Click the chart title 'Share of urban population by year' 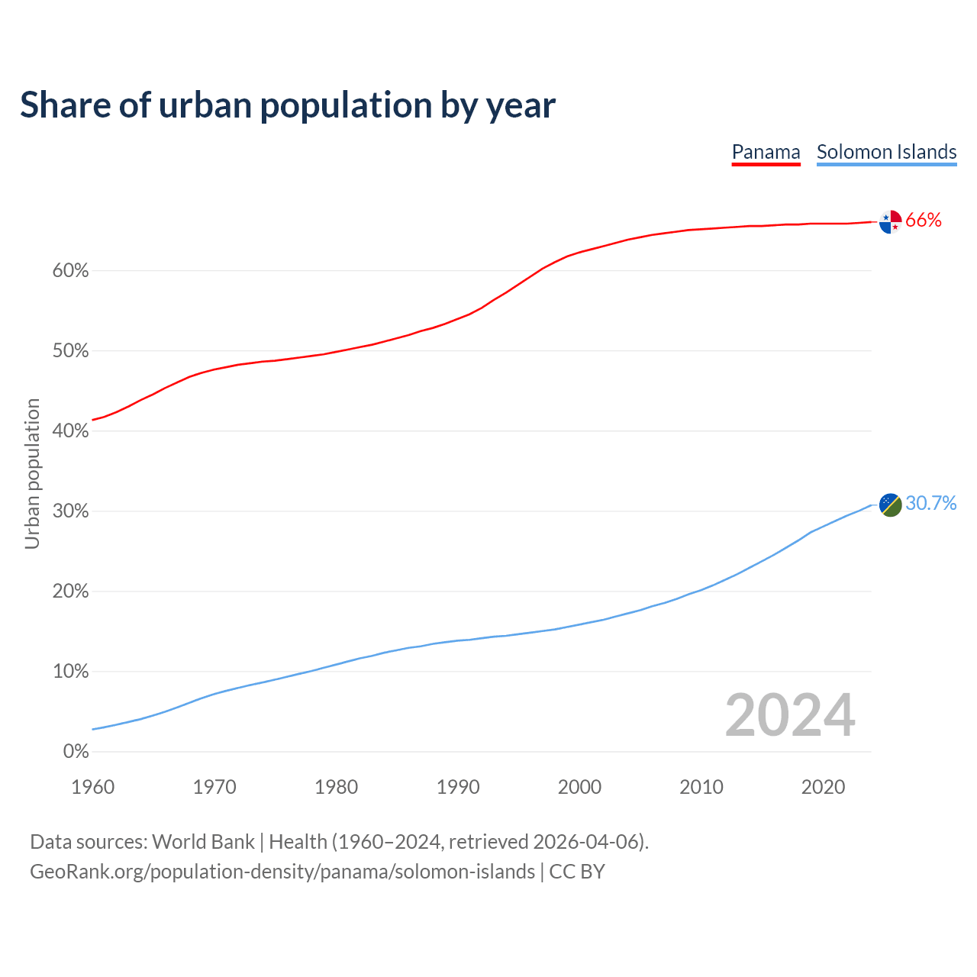288,105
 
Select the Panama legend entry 766,152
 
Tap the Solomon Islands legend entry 886,152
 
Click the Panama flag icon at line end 890,221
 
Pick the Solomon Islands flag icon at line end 890,505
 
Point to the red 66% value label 924,221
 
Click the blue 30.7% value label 930,503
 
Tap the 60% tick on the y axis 71,271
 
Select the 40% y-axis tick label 71,431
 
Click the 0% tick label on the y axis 76,752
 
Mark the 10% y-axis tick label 71,672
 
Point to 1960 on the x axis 92,787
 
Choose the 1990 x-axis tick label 458,787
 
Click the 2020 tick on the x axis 823,787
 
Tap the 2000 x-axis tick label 579,787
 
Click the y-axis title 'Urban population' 32,473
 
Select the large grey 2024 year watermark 790,715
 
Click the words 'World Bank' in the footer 203,842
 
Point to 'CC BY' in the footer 577,872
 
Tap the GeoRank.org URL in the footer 282,872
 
